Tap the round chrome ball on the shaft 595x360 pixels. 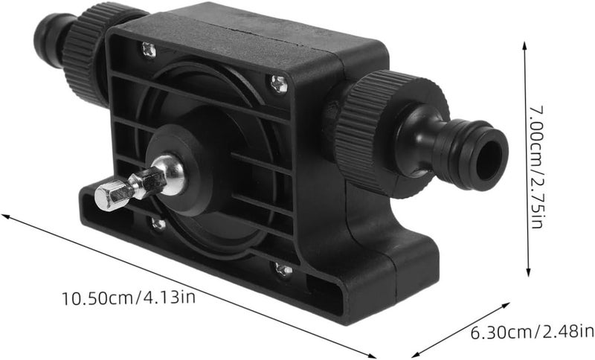170,175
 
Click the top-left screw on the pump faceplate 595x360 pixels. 148,50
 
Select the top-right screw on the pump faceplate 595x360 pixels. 279,84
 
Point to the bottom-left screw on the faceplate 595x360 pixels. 158,224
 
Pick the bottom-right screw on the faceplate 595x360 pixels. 284,270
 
